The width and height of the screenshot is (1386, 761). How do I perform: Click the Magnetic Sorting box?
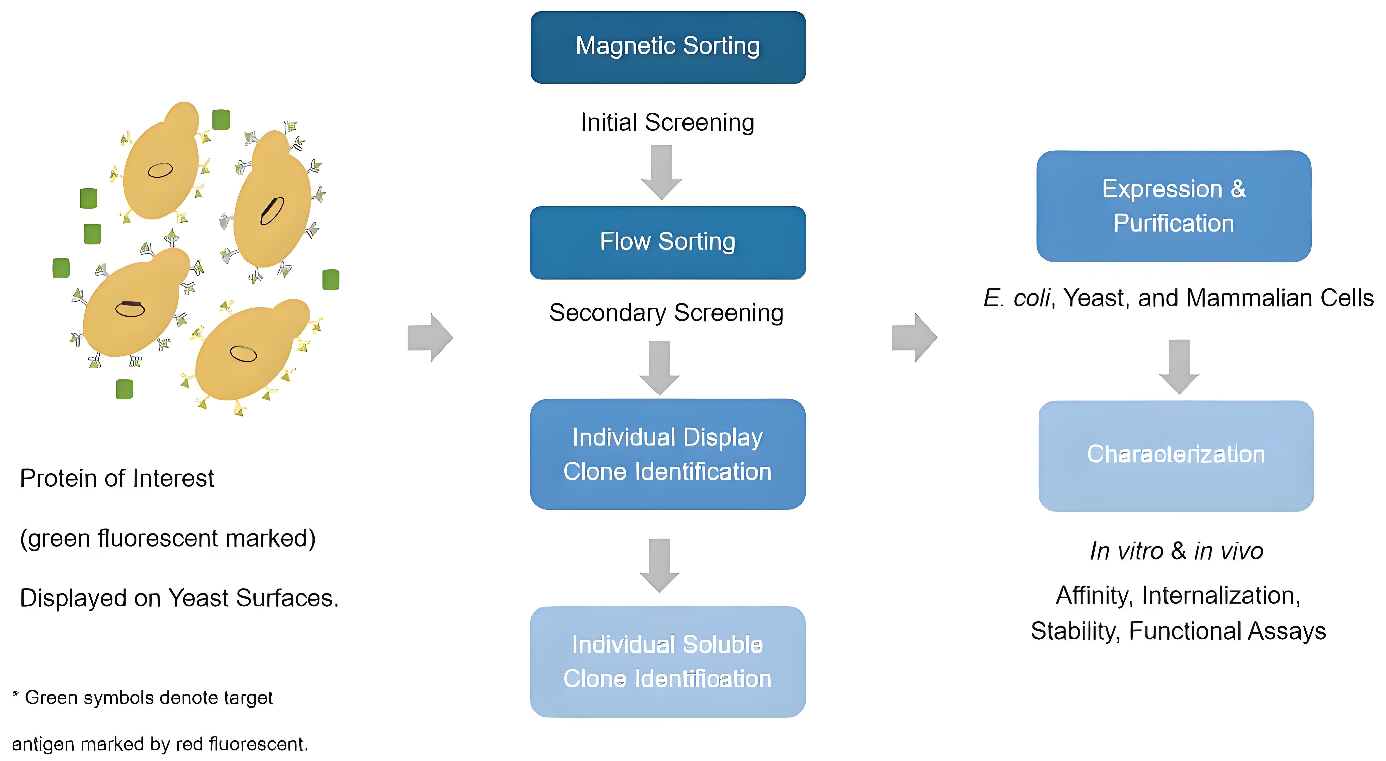click(668, 47)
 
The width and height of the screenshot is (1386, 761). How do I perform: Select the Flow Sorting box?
click(668, 243)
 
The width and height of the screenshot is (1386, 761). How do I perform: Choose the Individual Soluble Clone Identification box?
click(668, 662)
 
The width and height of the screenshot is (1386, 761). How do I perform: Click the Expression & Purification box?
click(1173, 206)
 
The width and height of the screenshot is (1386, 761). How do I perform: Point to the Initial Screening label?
click(667, 123)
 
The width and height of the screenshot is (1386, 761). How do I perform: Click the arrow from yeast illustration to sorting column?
click(430, 337)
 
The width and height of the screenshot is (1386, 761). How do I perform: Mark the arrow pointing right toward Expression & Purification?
click(914, 337)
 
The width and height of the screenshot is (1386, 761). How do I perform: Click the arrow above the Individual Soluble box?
click(660, 565)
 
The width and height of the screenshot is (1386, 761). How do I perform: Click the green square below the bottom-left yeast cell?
click(124, 389)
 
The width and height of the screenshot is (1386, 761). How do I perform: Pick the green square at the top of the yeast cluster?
click(221, 119)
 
